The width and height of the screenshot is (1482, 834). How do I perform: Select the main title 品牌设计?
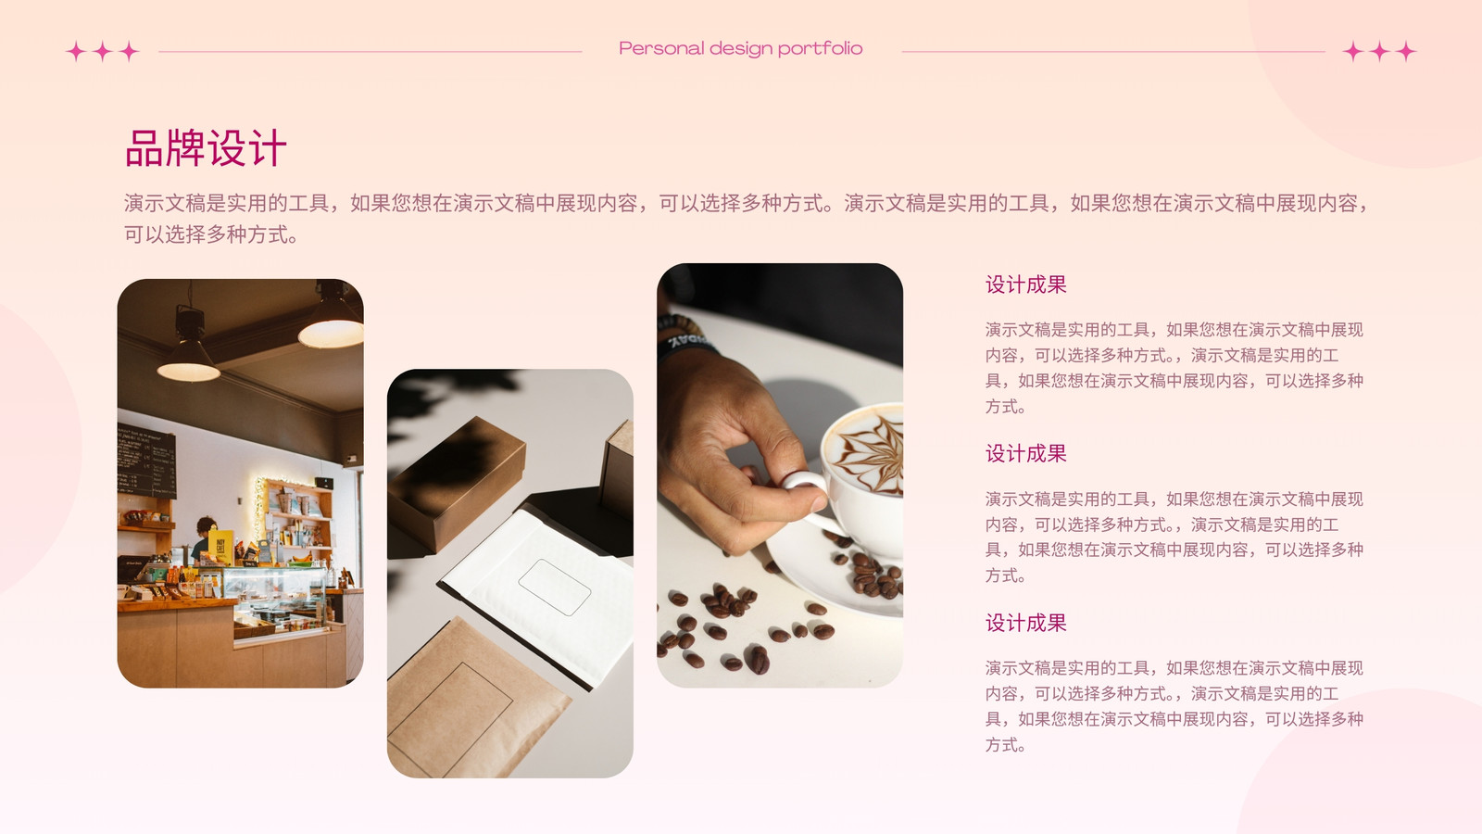pos(206,148)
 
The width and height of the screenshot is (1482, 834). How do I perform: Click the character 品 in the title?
pos(144,148)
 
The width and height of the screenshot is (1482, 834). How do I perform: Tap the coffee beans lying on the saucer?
pos(873,575)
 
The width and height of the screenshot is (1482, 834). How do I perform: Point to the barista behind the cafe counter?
pos(203,538)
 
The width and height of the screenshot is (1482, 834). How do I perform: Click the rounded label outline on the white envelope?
pos(555,588)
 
